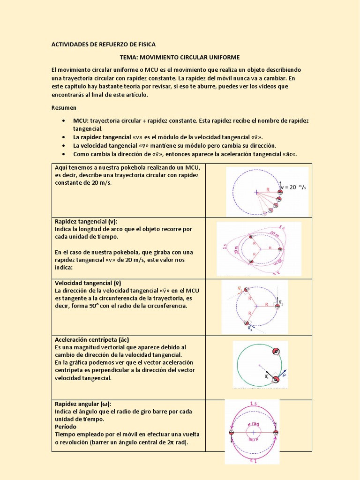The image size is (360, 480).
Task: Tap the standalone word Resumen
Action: pyautogui.click(x=64, y=107)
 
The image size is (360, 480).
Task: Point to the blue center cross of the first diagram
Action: pyautogui.click(x=256, y=192)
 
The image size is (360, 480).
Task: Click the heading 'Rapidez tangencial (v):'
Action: pyautogui.click(x=86, y=221)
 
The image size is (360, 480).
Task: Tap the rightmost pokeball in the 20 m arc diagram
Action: pyautogui.click(x=280, y=249)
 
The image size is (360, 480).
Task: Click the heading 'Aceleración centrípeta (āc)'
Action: pyautogui.click(x=91, y=339)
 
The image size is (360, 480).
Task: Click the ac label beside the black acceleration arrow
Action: pyautogui.click(x=266, y=375)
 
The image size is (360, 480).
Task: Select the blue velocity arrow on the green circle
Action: pyautogui.click(x=283, y=373)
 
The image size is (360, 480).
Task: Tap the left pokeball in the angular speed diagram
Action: pyautogui.click(x=231, y=433)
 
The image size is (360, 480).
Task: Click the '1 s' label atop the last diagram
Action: pyautogui.click(x=253, y=403)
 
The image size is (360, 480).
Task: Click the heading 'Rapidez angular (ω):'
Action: pyautogui.click(x=83, y=404)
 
